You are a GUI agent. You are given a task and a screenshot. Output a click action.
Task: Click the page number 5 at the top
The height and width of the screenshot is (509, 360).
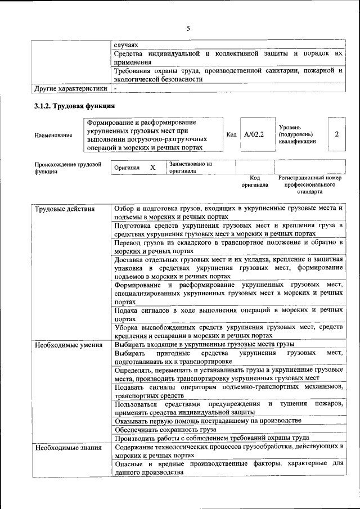[x=188, y=28]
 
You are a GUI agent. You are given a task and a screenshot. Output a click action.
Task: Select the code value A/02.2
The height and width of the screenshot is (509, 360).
[x=254, y=134]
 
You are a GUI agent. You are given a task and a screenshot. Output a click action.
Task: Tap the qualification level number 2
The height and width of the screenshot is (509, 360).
[x=336, y=134]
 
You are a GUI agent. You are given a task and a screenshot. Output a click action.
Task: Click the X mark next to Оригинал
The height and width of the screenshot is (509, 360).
[x=152, y=168]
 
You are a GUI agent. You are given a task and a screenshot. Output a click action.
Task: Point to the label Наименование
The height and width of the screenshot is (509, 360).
[x=53, y=135]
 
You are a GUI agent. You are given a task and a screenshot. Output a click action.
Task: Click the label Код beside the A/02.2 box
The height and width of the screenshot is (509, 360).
[x=231, y=134]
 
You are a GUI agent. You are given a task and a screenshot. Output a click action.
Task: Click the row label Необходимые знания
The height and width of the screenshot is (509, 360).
[x=67, y=448]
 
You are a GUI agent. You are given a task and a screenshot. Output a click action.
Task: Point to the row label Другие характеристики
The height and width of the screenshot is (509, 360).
[x=70, y=88]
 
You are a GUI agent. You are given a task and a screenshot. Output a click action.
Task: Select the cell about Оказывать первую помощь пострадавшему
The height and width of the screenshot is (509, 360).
[x=207, y=420]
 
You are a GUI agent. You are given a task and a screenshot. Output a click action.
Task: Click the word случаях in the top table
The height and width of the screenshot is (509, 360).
[x=126, y=43]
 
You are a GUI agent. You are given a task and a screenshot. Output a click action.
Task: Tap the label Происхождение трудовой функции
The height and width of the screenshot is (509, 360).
[x=67, y=168]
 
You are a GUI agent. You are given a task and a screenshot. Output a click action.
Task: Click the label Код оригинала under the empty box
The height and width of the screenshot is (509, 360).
[x=255, y=181]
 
